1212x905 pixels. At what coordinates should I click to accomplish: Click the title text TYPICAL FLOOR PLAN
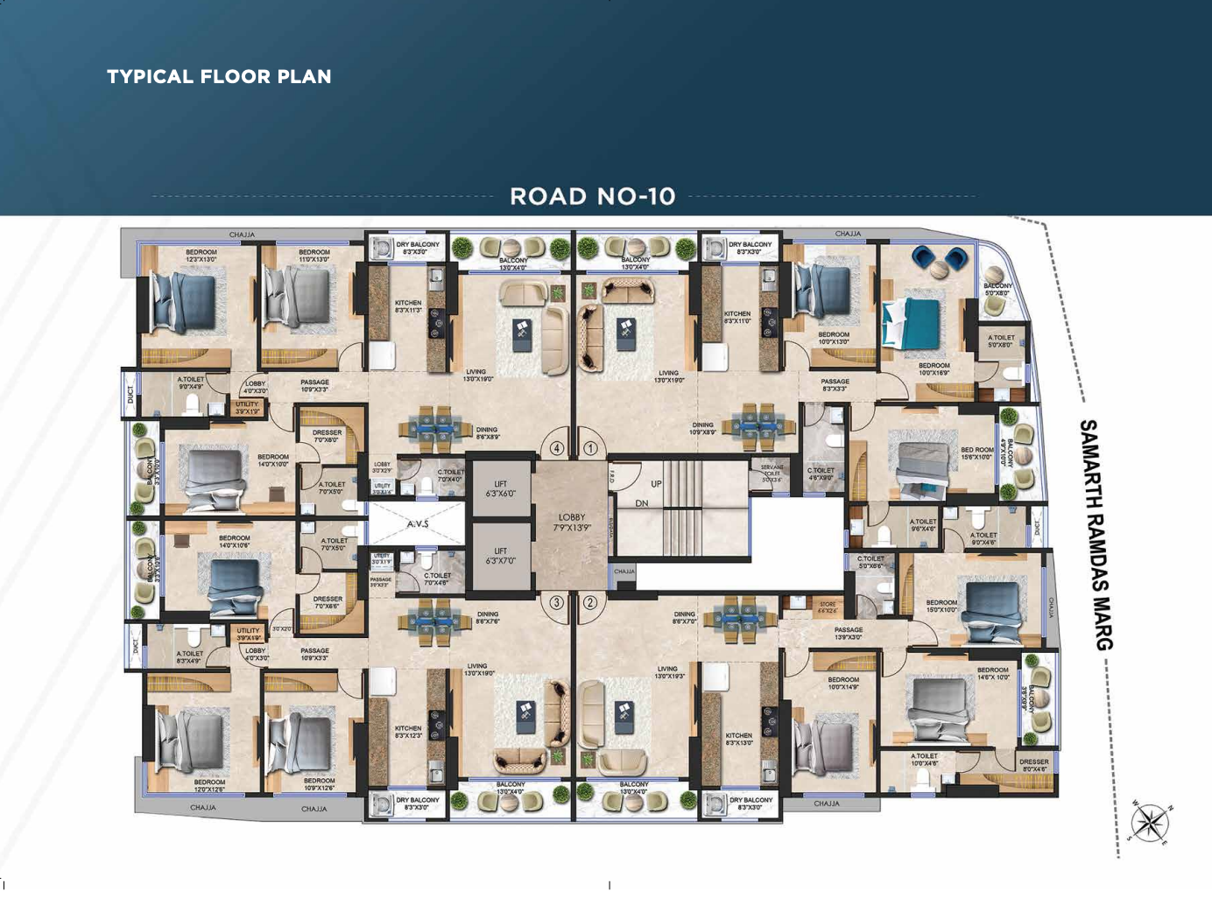[219, 77]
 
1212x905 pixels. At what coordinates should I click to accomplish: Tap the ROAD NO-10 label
[593, 196]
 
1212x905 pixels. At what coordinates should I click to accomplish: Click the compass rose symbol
[1150, 823]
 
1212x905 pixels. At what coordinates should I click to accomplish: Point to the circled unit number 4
[557, 448]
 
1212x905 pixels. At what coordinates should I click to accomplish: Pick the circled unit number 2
[590, 602]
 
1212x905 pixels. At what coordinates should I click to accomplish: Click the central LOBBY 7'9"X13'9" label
[571, 523]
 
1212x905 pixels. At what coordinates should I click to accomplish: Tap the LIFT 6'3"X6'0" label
[500, 488]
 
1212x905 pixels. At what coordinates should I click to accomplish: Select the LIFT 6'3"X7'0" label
[500, 556]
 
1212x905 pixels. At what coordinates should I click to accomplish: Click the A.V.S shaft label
[418, 524]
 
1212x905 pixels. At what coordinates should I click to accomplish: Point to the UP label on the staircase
[656, 484]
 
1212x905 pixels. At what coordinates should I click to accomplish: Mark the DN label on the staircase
[642, 503]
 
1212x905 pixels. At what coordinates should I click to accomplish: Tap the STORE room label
[828, 607]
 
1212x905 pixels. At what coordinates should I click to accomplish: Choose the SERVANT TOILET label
[772, 474]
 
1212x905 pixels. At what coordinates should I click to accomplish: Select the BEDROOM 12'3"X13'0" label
[201, 256]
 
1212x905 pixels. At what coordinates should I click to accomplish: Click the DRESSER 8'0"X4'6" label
[1033, 765]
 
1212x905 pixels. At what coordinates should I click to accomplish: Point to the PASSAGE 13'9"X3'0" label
[848, 633]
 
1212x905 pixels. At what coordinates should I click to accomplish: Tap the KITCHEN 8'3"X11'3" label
[408, 306]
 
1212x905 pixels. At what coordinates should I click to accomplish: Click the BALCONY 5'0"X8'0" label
[997, 289]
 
